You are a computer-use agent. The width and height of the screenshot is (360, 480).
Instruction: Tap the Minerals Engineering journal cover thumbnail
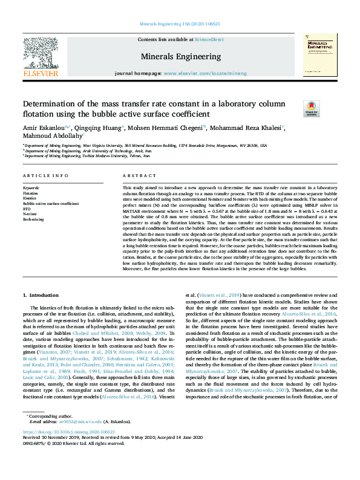(x=319, y=54)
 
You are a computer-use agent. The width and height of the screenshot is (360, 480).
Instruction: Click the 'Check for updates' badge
(x=311, y=109)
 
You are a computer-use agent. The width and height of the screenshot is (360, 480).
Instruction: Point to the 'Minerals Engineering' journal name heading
(x=180, y=56)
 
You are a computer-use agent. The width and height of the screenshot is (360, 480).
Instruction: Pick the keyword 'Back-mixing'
(x=33, y=220)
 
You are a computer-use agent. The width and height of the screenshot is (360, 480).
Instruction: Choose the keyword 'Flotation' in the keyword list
(x=30, y=193)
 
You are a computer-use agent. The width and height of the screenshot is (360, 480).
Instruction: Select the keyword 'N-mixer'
(x=30, y=215)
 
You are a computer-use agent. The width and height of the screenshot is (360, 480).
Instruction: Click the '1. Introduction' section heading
(x=41, y=295)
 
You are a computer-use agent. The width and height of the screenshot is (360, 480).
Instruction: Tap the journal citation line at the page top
(x=180, y=24)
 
